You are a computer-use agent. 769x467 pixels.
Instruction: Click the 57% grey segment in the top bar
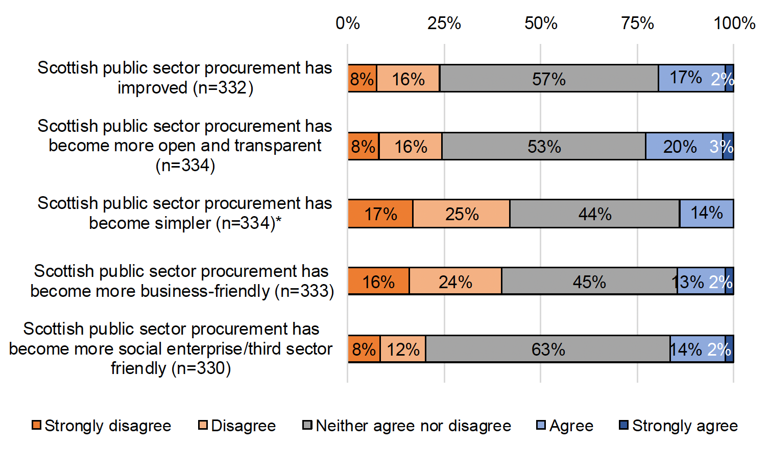(x=549, y=79)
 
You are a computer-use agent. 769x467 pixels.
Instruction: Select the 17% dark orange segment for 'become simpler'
(x=380, y=214)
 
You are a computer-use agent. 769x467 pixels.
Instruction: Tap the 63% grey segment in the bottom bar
(x=548, y=349)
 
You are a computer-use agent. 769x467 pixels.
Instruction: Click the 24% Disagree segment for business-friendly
(x=455, y=282)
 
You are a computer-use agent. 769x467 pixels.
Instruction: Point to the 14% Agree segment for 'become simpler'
(x=706, y=214)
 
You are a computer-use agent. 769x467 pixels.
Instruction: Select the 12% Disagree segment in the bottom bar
(x=403, y=349)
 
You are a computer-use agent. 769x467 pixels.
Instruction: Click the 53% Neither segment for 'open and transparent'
(x=544, y=147)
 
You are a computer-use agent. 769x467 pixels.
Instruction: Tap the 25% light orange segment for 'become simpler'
(x=461, y=214)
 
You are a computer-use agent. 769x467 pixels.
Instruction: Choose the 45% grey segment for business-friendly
(x=589, y=282)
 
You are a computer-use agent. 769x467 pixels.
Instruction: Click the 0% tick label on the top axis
(x=348, y=24)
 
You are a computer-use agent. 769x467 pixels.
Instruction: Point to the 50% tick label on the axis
(x=541, y=24)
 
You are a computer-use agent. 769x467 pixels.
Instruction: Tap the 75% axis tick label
(x=637, y=24)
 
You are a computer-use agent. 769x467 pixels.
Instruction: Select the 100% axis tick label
(x=734, y=24)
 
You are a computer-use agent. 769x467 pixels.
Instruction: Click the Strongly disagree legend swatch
(x=36, y=425)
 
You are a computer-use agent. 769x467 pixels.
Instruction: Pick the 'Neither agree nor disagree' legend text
(x=413, y=426)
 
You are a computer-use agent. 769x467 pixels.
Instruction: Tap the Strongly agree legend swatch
(x=623, y=425)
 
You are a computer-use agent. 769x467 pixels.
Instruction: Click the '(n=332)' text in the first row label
(x=223, y=88)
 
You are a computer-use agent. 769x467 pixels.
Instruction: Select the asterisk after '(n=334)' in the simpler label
(x=279, y=221)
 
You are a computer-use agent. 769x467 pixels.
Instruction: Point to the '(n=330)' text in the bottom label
(x=201, y=368)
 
